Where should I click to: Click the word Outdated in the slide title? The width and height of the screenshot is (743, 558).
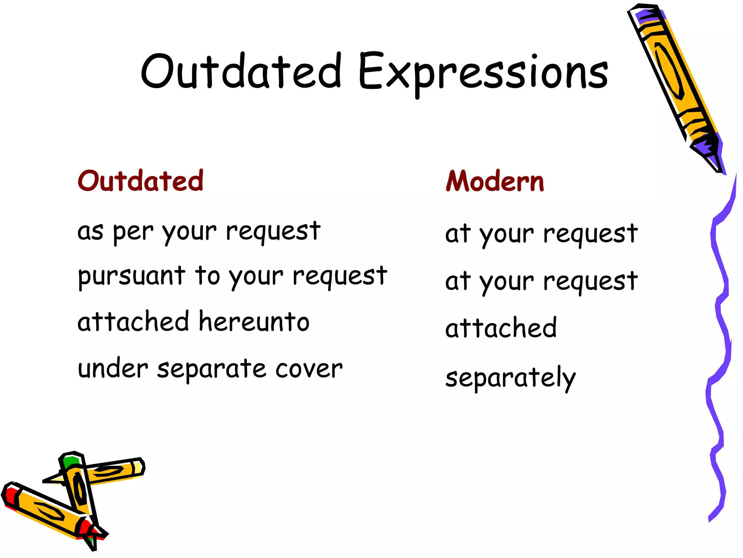(x=241, y=72)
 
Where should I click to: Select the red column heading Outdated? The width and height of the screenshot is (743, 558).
(x=140, y=181)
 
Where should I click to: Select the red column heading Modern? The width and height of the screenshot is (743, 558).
(x=495, y=181)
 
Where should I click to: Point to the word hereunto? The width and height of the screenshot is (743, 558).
(x=254, y=322)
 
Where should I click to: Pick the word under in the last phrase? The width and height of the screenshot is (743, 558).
(x=113, y=369)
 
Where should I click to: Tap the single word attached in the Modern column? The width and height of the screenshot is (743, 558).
(x=501, y=328)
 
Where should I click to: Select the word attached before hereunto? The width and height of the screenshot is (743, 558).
(x=133, y=322)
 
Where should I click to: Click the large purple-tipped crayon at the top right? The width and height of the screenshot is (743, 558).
(x=675, y=84)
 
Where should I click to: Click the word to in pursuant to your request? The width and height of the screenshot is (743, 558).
(x=207, y=276)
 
